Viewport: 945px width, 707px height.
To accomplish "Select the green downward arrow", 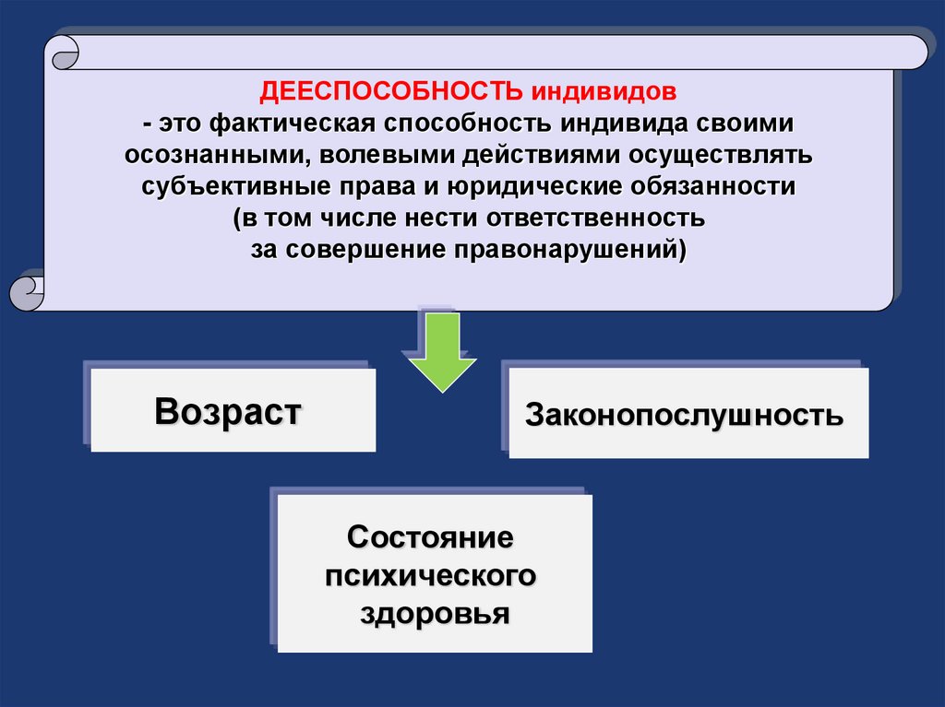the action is pyautogui.click(x=438, y=355).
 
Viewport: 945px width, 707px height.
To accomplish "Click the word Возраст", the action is pyautogui.click(x=228, y=411).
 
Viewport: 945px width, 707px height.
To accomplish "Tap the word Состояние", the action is pyautogui.click(x=430, y=536).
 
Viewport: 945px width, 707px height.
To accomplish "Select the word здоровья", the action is pyautogui.click(x=434, y=614).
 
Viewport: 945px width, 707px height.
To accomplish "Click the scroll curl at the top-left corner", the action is pyautogui.click(x=62, y=52).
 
